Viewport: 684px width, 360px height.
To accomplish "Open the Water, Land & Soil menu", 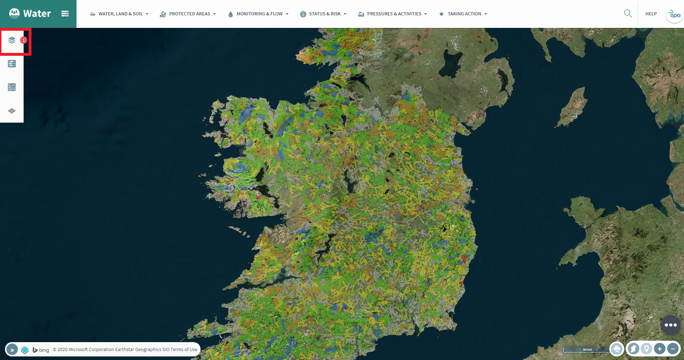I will [119, 14].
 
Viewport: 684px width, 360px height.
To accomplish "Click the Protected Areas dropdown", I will [188, 14].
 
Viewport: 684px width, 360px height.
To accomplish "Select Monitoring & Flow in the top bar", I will [258, 14].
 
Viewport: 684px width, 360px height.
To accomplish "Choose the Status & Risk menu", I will [323, 14].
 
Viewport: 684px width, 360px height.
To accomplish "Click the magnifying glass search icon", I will [628, 14].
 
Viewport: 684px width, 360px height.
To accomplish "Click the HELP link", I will [651, 14].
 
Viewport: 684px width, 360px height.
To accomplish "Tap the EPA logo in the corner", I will [674, 15].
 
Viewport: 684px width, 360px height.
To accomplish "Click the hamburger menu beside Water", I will [65, 14].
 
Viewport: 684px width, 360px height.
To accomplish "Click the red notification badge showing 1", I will [24, 40].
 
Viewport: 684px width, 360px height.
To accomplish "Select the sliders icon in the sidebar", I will [12, 64].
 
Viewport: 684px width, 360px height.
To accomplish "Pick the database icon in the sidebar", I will [12, 87].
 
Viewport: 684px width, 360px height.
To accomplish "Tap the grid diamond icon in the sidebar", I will [12, 111].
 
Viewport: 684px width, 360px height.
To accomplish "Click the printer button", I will [617, 349].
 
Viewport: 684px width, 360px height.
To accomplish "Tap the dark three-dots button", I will [670, 325].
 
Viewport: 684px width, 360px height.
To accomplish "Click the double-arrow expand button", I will [12, 350].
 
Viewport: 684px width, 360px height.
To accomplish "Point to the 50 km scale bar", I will [586, 349].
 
